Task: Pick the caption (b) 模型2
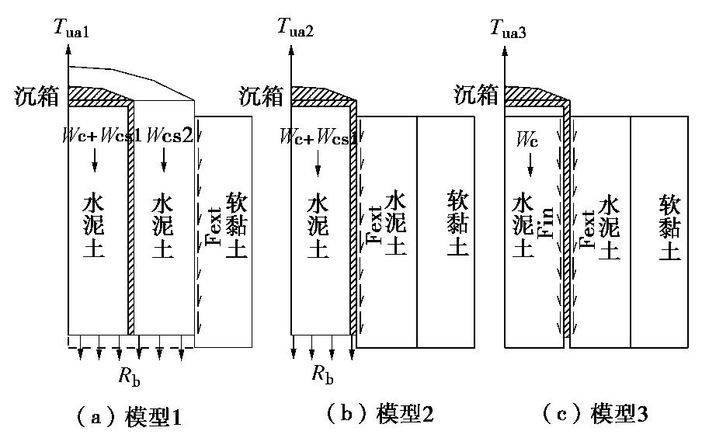pos(377,415)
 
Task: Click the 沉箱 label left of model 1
pos(35,96)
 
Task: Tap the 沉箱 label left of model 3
pos(474,96)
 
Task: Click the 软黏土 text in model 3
pos(669,227)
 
